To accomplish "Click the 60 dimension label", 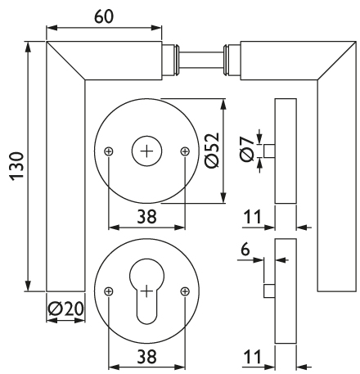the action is point(103,16).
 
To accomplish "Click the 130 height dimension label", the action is point(17,166).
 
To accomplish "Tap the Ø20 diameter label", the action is point(65,309).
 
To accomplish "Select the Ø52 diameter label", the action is point(212,151).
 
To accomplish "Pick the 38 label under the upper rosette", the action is point(146,217).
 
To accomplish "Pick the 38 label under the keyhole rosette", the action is point(146,356).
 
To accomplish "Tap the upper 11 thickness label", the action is point(252,217).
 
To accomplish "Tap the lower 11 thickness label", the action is point(252,356).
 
